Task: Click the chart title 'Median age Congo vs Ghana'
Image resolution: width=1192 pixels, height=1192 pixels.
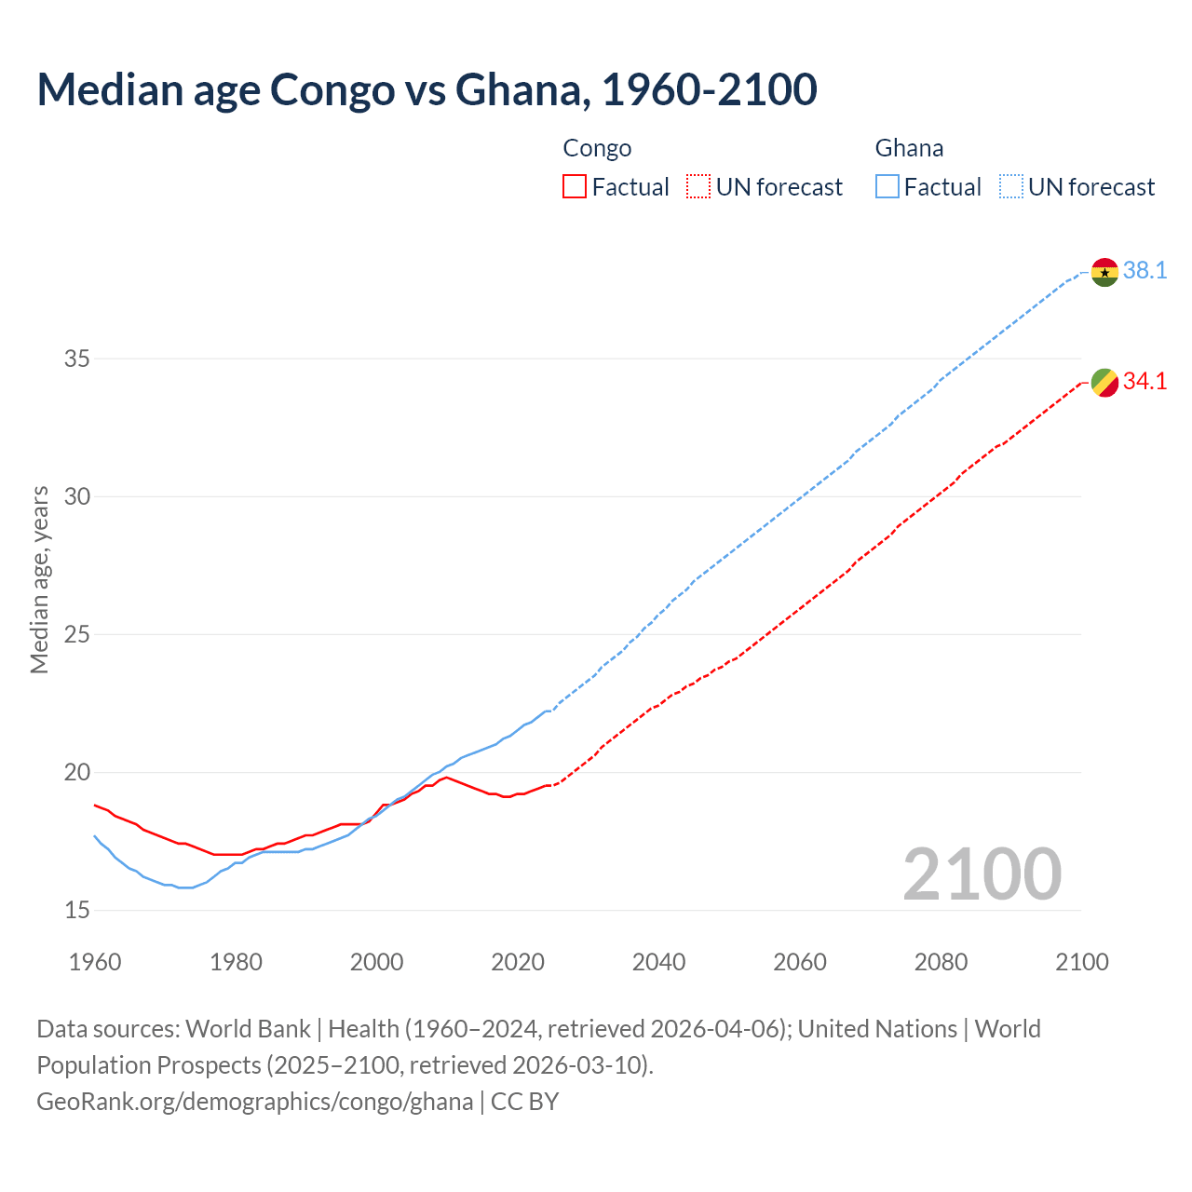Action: point(427,89)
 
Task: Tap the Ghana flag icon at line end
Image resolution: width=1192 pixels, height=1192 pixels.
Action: point(1104,272)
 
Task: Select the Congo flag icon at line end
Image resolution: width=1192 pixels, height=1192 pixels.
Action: point(1104,383)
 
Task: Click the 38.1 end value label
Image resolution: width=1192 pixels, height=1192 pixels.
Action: point(1145,271)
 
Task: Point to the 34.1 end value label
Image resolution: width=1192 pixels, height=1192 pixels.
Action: point(1145,382)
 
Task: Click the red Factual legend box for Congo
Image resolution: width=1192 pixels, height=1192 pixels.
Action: point(575,187)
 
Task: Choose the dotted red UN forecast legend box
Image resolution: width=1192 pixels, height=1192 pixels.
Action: point(698,187)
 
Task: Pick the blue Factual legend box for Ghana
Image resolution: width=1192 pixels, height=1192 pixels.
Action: point(887,187)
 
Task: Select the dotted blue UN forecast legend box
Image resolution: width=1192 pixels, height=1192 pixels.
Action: point(1010,187)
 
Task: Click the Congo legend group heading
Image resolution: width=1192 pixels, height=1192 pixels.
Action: point(597,148)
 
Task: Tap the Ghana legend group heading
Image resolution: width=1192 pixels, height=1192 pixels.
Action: point(909,148)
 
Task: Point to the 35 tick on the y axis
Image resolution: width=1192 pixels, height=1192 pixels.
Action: point(76,359)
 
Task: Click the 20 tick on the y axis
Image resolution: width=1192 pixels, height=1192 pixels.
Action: point(76,772)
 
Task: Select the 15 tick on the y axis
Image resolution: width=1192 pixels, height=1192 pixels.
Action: point(76,910)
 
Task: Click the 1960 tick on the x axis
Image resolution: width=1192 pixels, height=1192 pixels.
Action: point(95,962)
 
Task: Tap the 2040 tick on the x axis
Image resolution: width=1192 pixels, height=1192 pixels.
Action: point(658,962)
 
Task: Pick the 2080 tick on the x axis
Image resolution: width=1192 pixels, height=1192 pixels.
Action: point(941,962)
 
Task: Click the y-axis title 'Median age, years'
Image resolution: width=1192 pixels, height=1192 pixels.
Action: point(39,579)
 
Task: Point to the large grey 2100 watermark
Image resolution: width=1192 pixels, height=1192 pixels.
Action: point(982,874)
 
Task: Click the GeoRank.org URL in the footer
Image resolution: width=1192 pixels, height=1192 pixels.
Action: point(254,1102)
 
